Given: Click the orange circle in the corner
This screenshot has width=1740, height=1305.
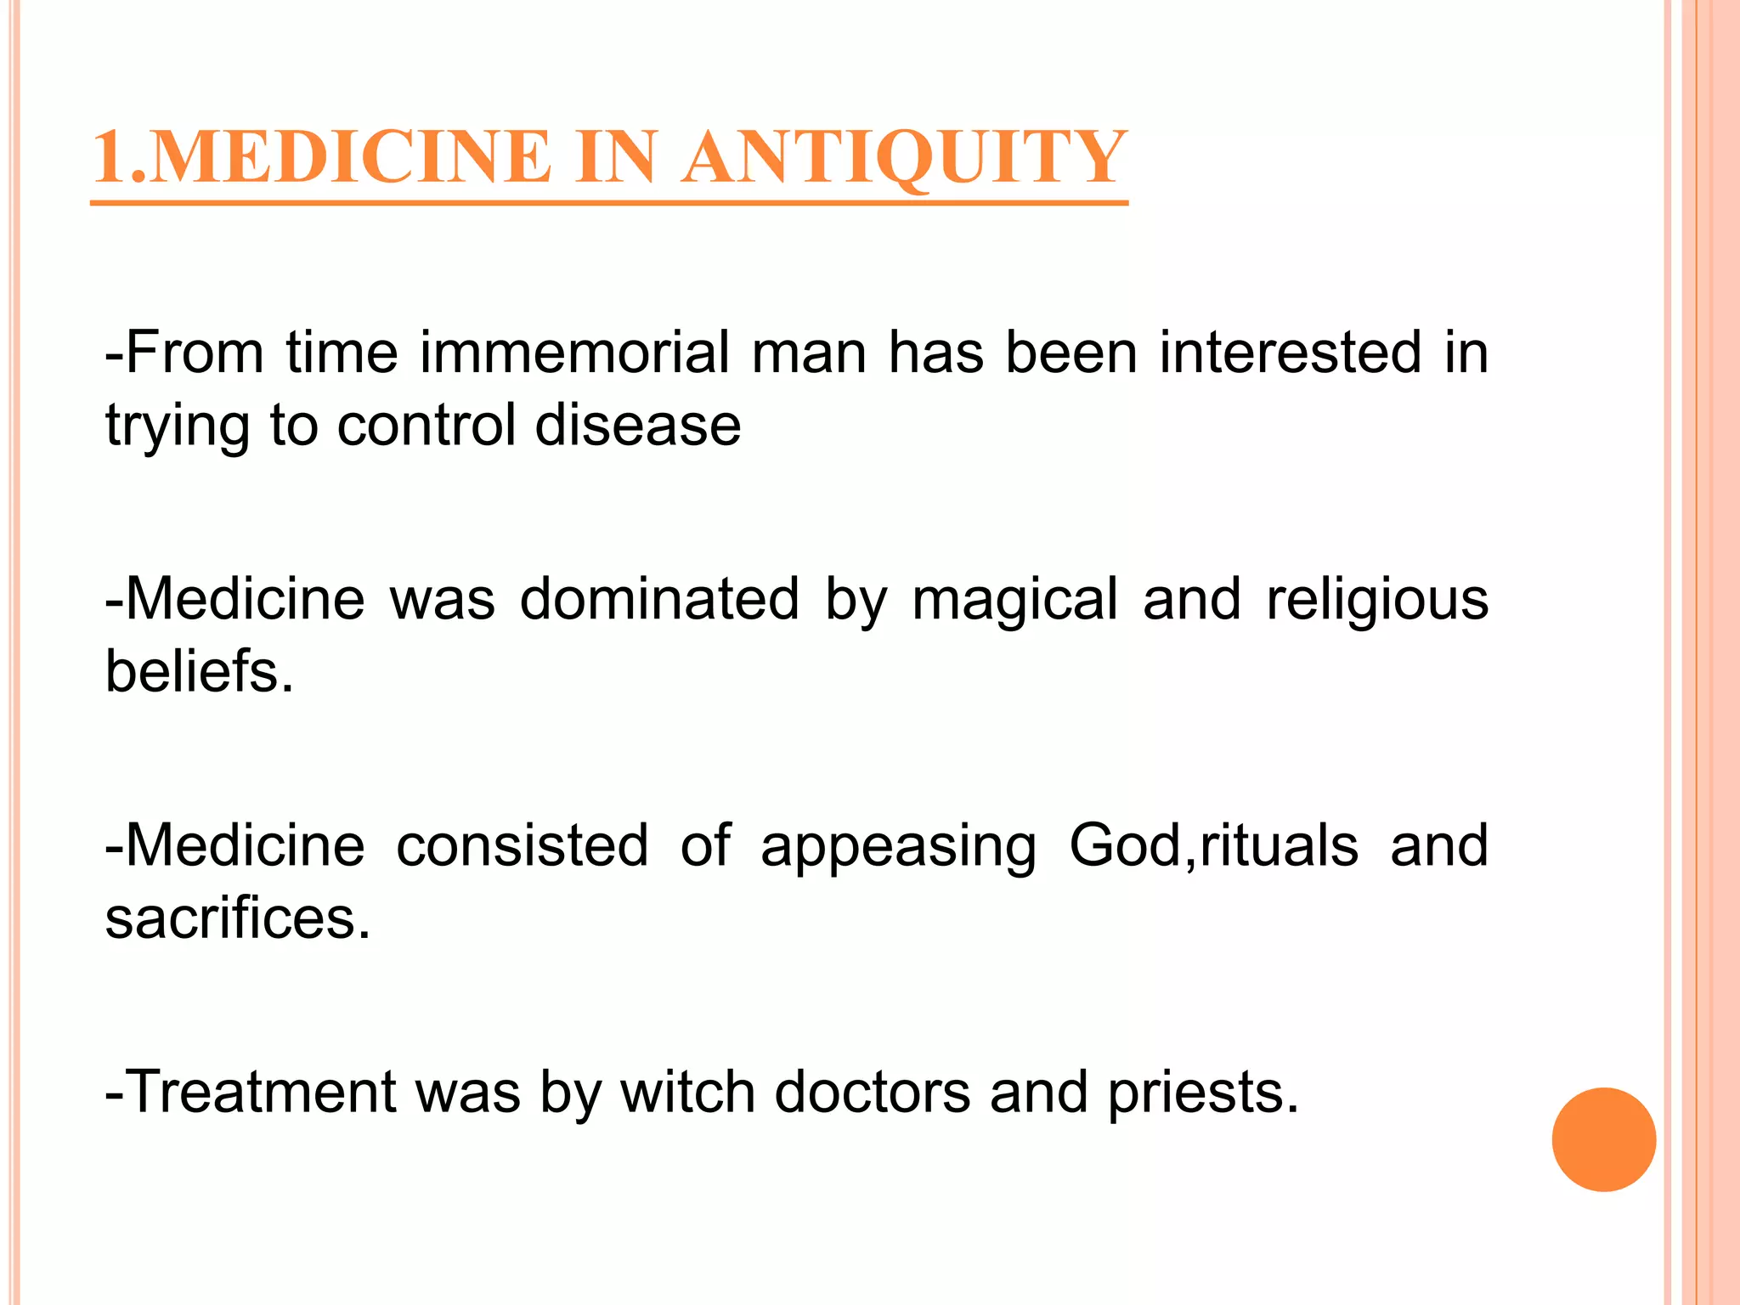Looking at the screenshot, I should click(x=1603, y=1139).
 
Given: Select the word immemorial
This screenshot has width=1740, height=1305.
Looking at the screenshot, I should click(x=574, y=353).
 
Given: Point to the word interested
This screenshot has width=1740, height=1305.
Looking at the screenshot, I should click(x=1290, y=353).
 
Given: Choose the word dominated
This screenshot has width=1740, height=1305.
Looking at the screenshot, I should click(x=659, y=599).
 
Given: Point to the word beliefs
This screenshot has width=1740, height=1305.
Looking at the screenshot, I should click(x=199, y=671).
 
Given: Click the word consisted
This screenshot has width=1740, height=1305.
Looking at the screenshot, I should click(x=522, y=845).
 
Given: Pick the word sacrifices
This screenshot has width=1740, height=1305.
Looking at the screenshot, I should click(x=238, y=918).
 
